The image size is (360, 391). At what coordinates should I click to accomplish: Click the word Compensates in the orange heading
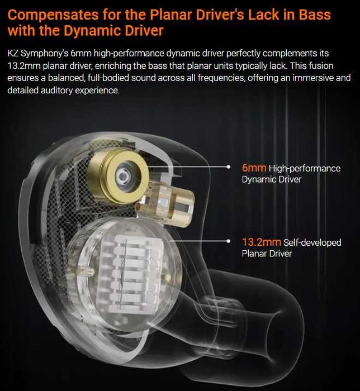tap(53, 15)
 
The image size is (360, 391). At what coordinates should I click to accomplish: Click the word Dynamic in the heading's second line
tap(92, 30)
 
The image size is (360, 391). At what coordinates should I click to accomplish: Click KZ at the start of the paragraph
tap(13, 53)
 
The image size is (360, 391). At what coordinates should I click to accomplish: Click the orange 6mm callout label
tap(254, 168)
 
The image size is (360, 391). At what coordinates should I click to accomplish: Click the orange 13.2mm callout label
tap(262, 242)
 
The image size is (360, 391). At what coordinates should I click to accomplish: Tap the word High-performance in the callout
tap(304, 169)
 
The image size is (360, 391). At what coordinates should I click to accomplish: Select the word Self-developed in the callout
tap(312, 242)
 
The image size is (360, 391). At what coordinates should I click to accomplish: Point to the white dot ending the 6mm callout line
tap(228, 167)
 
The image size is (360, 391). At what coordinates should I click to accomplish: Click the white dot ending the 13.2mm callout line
tap(228, 241)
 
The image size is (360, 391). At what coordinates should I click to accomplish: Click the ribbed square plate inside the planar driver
tap(130, 274)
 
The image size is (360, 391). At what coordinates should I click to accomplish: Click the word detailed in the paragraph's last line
tap(23, 90)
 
